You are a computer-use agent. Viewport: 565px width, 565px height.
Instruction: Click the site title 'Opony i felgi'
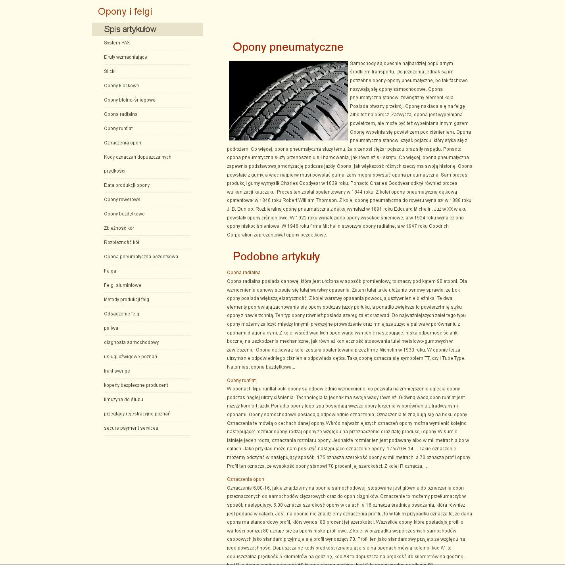point(125,12)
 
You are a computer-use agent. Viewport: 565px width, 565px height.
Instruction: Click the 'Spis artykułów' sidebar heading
point(130,29)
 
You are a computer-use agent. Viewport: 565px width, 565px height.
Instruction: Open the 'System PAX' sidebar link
point(117,43)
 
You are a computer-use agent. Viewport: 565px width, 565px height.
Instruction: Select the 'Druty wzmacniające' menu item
point(125,57)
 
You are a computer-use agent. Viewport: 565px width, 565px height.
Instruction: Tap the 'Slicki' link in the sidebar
point(110,71)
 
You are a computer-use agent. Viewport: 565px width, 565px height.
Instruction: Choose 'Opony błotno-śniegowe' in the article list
point(130,100)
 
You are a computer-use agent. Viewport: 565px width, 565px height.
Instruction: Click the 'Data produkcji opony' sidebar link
point(127,185)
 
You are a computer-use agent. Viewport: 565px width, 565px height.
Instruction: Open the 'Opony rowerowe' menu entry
point(122,200)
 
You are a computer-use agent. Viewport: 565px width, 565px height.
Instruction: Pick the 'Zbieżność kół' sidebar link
point(119,228)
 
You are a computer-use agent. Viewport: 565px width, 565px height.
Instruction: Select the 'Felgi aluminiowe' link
point(123,285)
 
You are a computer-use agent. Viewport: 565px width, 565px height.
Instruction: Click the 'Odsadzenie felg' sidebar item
point(122,314)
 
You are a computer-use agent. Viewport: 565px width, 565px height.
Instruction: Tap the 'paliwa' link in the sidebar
point(111,328)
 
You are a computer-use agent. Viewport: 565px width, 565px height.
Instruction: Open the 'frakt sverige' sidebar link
point(117,371)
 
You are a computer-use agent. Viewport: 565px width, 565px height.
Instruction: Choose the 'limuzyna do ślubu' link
point(124,400)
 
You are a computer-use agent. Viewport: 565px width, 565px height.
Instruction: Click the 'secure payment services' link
point(131,428)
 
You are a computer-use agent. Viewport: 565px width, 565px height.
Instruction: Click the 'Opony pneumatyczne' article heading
point(288,47)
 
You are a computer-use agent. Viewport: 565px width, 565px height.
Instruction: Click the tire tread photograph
point(288,101)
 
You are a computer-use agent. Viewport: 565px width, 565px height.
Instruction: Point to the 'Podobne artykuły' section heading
point(276,257)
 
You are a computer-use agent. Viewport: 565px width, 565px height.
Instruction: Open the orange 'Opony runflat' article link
point(241,381)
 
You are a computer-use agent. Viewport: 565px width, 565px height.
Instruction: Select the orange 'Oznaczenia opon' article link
point(246,479)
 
